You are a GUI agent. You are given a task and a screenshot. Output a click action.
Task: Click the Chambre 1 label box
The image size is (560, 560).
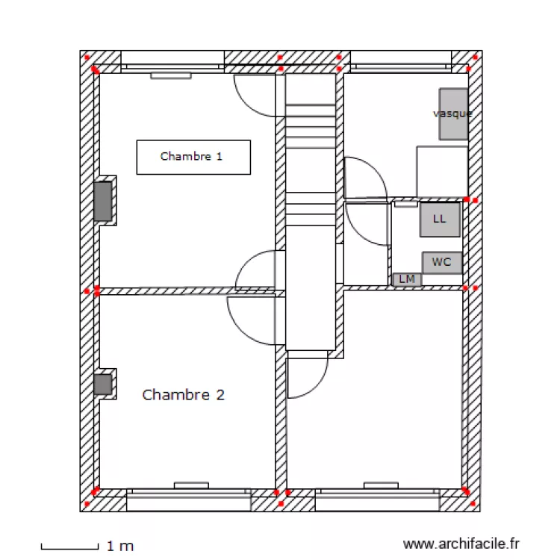point(193,157)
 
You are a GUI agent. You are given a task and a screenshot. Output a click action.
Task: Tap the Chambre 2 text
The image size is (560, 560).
point(183,394)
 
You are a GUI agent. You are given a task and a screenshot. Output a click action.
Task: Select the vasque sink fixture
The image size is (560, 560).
point(453,113)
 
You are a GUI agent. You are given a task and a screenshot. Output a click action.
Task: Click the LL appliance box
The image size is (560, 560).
point(440,220)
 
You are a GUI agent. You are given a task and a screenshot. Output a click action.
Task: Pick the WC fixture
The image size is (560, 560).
point(442,263)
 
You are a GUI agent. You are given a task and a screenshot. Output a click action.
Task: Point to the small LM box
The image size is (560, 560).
point(407,279)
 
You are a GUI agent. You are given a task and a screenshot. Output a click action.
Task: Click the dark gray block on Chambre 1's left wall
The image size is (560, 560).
point(103,201)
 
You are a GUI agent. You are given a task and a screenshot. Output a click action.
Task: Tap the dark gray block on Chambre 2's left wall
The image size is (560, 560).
point(103,385)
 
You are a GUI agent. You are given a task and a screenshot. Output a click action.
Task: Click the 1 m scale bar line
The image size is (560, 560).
point(69,547)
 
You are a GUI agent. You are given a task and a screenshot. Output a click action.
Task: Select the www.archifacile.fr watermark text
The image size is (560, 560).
point(461,545)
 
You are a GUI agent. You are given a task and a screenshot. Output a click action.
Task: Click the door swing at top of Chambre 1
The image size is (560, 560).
point(258,96)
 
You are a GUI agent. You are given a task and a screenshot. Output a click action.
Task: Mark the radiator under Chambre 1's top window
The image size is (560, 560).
point(171,75)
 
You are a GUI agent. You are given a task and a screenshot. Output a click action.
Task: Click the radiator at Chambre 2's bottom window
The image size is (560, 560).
point(191,485)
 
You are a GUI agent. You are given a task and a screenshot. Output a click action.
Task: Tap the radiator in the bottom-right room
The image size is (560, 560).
point(382,485)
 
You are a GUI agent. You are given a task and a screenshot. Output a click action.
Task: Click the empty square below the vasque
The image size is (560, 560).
point(441,171)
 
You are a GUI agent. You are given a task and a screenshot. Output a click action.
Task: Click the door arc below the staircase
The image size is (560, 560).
point(306,377)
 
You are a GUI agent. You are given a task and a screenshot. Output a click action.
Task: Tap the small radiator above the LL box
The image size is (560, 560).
point(405,202)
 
